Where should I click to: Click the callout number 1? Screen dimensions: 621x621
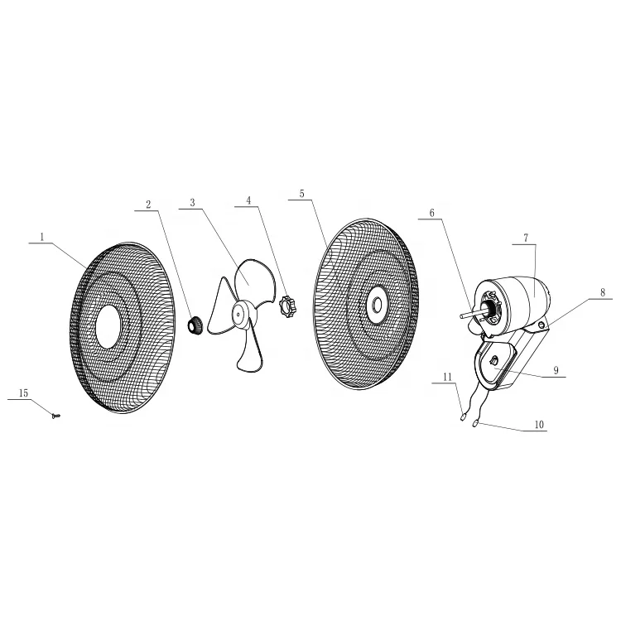41,237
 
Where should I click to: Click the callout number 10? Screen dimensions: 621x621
539,425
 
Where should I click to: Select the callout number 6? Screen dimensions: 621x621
431,212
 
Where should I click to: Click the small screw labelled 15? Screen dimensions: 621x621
55,415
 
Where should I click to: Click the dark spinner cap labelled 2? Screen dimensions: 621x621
196,325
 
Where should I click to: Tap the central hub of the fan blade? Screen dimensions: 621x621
241,313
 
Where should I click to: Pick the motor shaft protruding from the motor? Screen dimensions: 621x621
464,315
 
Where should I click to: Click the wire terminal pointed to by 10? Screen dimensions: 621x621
475,425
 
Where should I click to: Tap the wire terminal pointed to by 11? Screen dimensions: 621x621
462,418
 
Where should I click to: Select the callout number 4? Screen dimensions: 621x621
248,200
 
